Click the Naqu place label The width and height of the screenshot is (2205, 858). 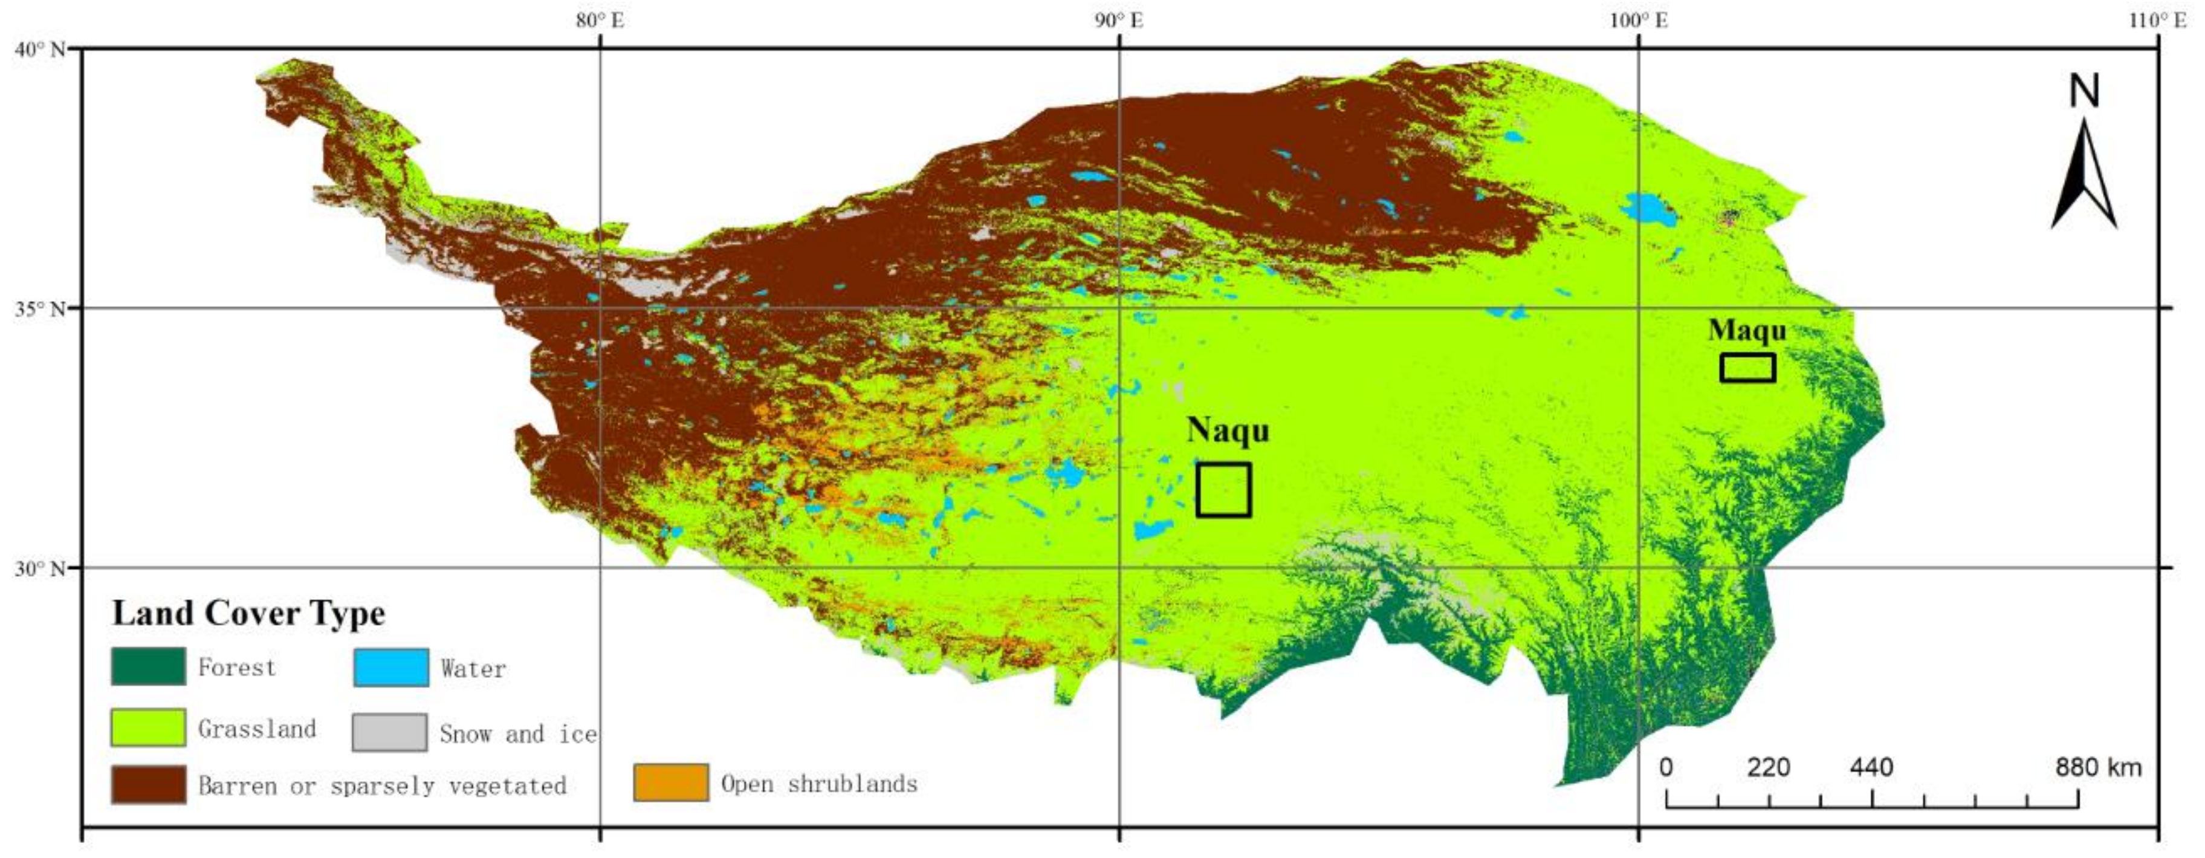click(1228, 431)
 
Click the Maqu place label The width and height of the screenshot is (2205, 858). click(1746, 331)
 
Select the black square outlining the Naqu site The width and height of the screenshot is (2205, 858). click(1223, 490)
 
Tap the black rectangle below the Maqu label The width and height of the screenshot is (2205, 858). click(1747, 368)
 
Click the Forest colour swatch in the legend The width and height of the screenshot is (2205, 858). click(148, 666)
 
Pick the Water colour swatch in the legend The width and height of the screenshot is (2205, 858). click(391, 667)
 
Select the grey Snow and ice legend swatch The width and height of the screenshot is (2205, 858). click(389, 732)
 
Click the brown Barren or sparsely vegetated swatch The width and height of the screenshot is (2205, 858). click(148, 784)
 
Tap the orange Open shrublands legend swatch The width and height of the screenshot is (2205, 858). click(671, 782)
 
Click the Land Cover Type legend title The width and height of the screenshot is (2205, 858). click(248, 613)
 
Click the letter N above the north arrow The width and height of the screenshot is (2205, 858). click(2084, 91)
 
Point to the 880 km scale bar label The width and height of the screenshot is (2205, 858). click(2098, 767)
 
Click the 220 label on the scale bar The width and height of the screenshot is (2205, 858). click(1769, 767)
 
